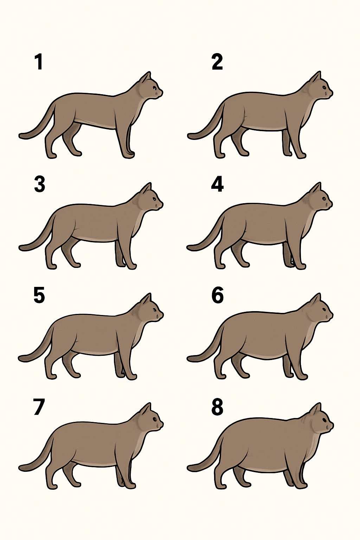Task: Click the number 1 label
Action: (x=39, y=62)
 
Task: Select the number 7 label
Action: (x=39, y=407)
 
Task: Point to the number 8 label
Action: (x=217, y=407)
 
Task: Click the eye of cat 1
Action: (x=154, y=88)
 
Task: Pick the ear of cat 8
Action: (x=316, y=409)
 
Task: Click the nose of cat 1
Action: (x=162, y=92)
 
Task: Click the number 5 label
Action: (x=39, y=296)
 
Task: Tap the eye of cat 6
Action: (x=324, y=310)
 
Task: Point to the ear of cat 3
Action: (x=146, y=189)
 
